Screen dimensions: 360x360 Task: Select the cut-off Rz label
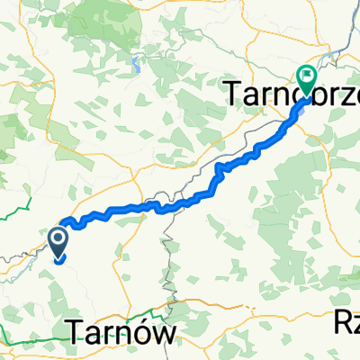tap(347, 319)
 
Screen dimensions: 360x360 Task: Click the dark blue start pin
tap(58, 244)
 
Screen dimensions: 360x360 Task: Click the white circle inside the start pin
tap(58, 239)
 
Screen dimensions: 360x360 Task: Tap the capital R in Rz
tap(342, 319)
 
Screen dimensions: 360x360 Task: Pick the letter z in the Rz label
tap(355, 321)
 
